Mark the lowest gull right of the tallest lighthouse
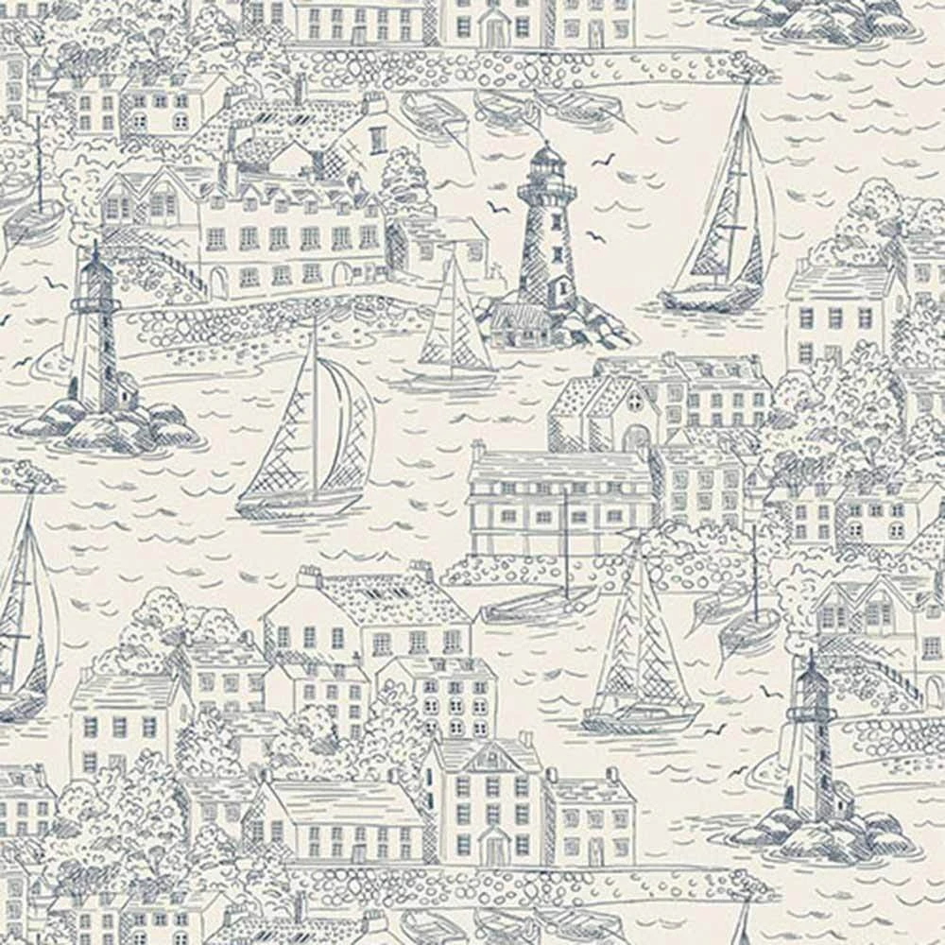(595, 236)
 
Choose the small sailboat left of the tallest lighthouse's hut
(455, 331)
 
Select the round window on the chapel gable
(634, 402)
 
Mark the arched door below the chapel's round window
(634, 438)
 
